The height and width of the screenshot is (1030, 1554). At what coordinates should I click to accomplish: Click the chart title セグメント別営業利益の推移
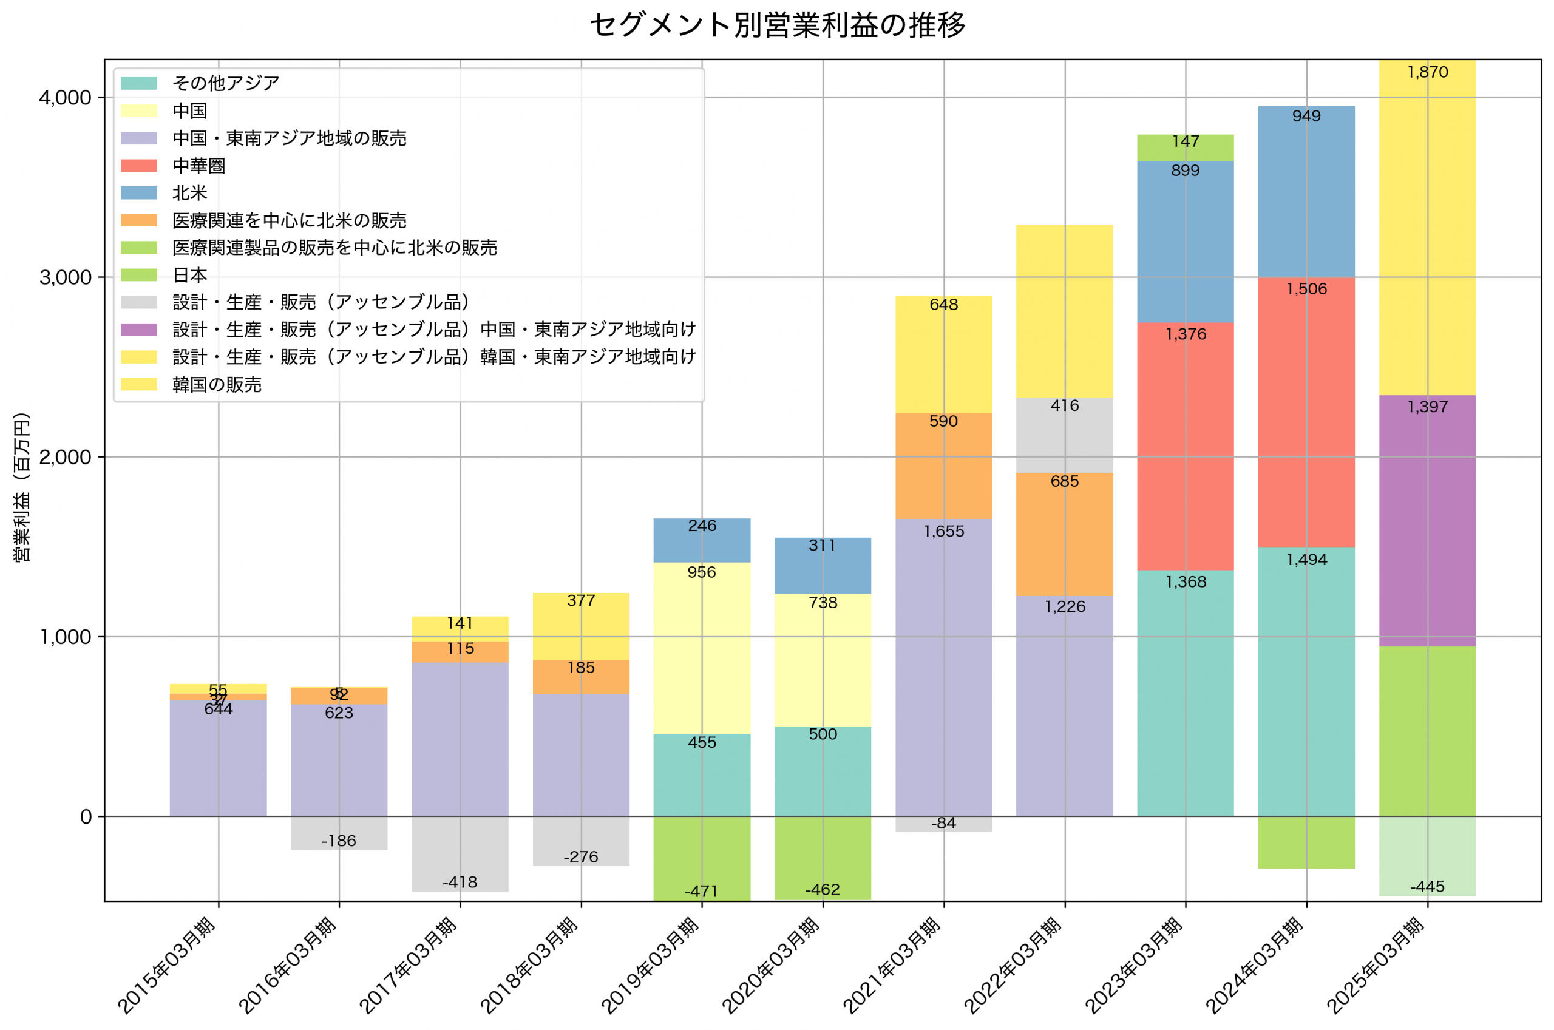777,25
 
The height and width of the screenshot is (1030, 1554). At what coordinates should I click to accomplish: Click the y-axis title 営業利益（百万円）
22,487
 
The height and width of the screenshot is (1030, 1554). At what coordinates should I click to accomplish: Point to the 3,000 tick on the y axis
65,277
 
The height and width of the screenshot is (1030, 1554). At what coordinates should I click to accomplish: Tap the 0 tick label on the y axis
86,816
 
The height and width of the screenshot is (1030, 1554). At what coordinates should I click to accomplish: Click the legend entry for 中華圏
198,166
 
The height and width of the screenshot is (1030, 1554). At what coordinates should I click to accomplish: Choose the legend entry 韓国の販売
217,384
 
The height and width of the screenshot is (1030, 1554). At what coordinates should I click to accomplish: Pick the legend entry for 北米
190,193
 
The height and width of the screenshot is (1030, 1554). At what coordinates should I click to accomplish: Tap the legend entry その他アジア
225,83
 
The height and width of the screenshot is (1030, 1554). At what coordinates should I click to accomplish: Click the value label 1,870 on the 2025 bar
1427,72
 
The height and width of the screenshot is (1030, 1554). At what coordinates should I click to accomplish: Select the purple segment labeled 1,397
1427,520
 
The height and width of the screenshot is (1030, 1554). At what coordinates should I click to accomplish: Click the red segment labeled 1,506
1306,412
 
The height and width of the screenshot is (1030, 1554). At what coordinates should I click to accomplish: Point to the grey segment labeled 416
1065,435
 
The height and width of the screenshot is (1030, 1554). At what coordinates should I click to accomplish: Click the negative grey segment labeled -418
460,853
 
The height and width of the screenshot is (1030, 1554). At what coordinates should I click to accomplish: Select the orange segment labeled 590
944,465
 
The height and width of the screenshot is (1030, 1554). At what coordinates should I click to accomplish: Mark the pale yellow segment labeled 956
702,648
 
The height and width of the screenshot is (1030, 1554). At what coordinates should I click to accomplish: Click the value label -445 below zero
1427,886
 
